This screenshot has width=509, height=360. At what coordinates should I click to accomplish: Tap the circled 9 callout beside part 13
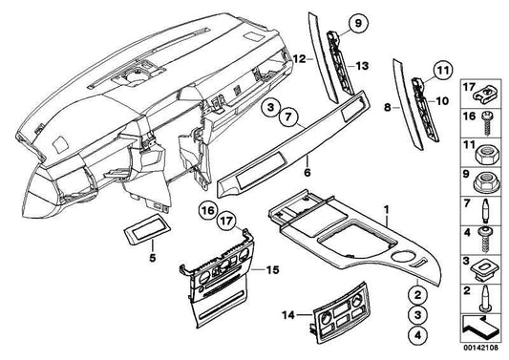tap(358, 24)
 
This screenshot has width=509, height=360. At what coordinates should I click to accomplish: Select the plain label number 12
tap(299, 59)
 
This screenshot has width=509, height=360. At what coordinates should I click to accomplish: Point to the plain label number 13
tap(362, 66)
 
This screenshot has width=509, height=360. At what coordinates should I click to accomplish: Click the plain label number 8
tap(388, 107)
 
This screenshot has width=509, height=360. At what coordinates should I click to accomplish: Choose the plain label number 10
tap(442, 101)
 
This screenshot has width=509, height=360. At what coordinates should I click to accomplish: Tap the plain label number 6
tap(308, 173)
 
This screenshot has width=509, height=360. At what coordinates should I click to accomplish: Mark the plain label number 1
tap(387, 210)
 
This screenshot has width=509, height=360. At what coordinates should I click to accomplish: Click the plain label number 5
tap(152, 258)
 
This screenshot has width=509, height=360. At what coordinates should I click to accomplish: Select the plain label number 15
tap(272, 270)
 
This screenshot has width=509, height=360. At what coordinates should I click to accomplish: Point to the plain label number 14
tap(288, 315)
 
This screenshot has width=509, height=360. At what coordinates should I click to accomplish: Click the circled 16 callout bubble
tap(208, 211)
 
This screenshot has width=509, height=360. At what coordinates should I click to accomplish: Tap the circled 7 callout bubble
tap(288, 116)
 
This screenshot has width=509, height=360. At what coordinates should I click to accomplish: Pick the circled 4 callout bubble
tap(417, 334)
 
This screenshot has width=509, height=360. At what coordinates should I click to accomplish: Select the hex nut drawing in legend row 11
tap(486, 154)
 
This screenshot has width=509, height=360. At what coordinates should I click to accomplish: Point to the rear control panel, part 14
tap(340, 308)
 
